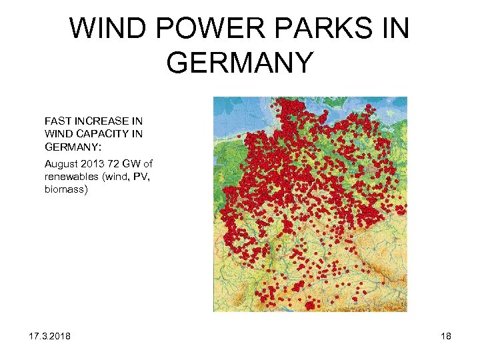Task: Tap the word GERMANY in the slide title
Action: pos(240,62)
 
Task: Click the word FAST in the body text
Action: pos(59,121)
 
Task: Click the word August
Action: pos(62,164)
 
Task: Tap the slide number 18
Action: pos(445,335)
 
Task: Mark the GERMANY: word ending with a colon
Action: pos(72,146)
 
